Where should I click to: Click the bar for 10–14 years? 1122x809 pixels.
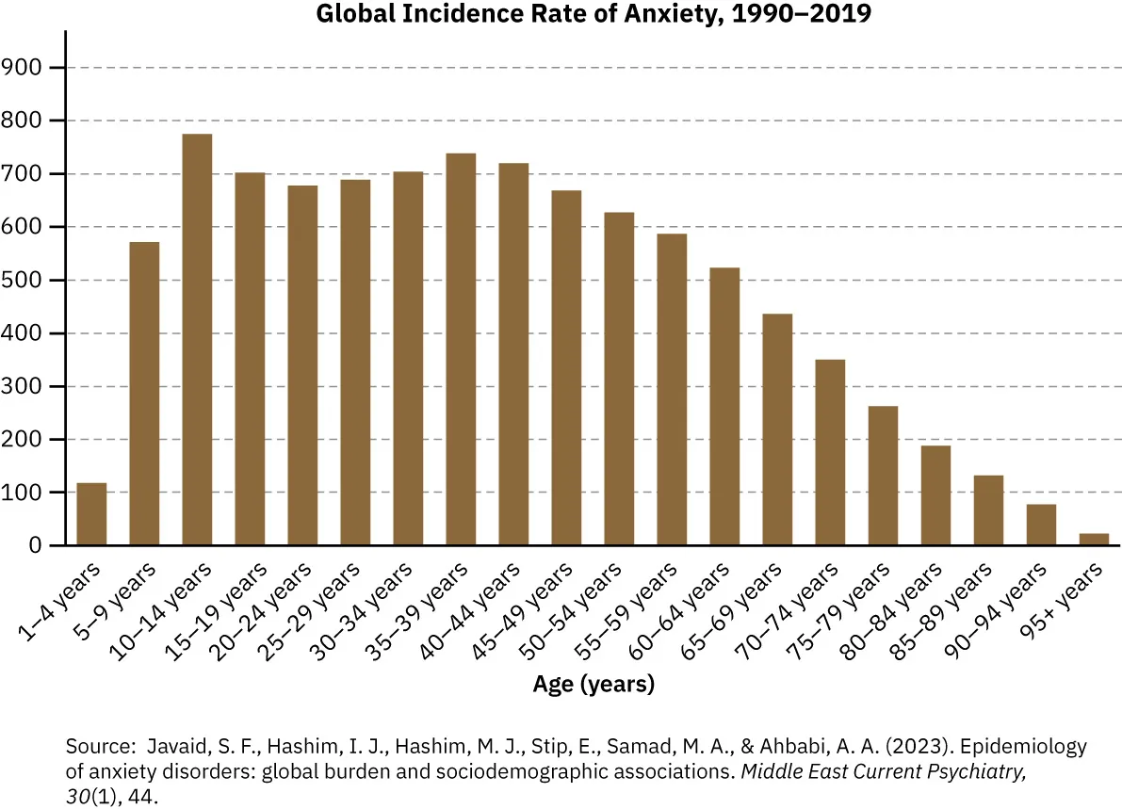pos(197,340)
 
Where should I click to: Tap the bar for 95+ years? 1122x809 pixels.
pos(1094,540)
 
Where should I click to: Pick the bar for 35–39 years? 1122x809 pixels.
pos(461,349)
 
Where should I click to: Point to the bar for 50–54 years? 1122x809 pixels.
pos(619,380)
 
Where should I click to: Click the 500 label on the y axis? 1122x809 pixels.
pos(22,281)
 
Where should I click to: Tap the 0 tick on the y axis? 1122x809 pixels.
pos(35,546)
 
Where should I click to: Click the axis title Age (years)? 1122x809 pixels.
pos(594,684)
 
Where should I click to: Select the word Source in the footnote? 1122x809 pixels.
pos(97,747)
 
